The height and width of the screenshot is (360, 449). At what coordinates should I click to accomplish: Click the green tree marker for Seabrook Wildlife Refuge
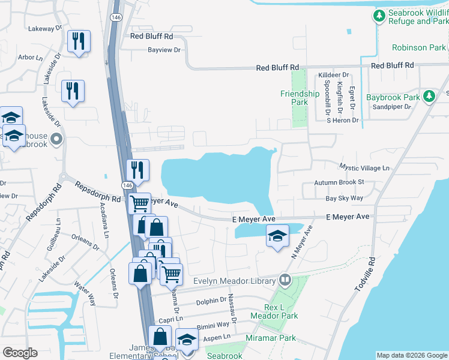[x=379, y=16]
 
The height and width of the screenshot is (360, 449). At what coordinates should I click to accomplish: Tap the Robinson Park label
[x=418, y=47]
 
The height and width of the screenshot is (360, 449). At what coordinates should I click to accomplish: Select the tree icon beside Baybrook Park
[x=429, y=97]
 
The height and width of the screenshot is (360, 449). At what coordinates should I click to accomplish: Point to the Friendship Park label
[x=300, y=98]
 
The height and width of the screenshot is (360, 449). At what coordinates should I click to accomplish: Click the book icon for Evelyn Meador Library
[x=285, y=280]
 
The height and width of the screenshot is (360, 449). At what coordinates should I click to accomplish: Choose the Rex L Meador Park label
[x=282, y=311]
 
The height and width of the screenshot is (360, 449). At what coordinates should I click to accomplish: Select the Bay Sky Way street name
[x=344, y=197]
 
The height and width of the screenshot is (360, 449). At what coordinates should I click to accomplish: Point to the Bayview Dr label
[x=164, y=50]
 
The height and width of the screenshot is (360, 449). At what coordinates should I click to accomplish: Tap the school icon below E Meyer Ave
[x=277, y=236]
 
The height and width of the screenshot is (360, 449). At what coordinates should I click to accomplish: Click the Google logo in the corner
[x=20, y=352]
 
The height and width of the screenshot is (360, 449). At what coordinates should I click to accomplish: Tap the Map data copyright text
[x=411, y=355]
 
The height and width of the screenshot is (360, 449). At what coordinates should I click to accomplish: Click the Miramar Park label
[x=271, y=338]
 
